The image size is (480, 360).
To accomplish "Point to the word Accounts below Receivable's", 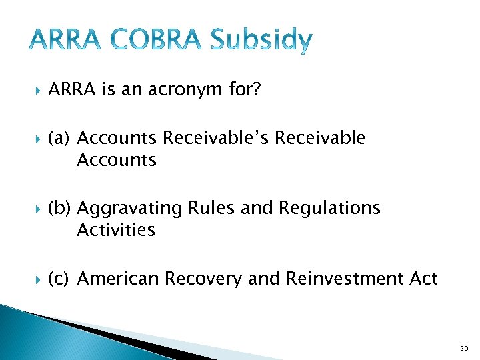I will tap(117, 160).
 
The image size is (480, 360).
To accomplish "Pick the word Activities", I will tap(115, 230).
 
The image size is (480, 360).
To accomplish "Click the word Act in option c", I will tap(423, 278).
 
